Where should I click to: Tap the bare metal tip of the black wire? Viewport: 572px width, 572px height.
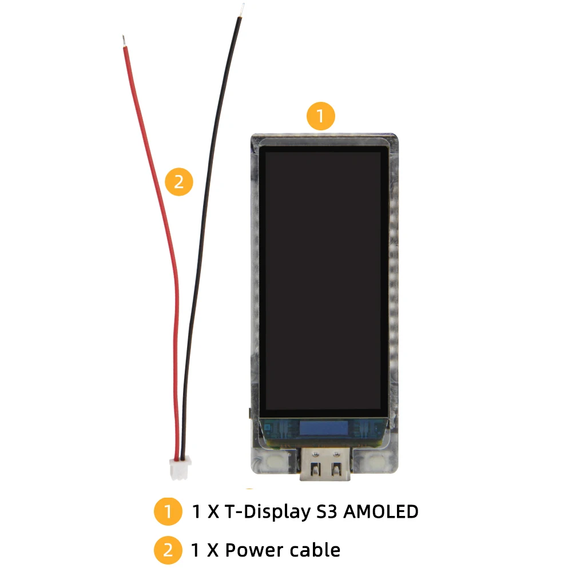pyautogui.click(x=243, y=10)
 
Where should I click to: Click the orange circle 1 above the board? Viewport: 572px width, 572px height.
pyautogui.click(x=320, y=116)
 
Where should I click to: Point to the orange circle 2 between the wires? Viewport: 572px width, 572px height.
pyautogui.click(x=178, y=182)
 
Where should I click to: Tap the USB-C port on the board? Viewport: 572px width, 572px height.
pyautogui.click(x=324, y=463)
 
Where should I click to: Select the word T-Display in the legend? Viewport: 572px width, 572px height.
pyautogui.click(x=267, y=511)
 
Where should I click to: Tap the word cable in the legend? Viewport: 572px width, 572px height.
pyautogui.click(x=313, y=550)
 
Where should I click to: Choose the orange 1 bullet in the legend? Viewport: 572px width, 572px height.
pyautogui.click(x=168, y=511)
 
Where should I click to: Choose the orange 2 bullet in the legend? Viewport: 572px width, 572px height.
pyautogui.click(x=168, y=550)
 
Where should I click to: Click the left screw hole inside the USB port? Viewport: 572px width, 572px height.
pyautogui.click(x=313, y=467)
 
